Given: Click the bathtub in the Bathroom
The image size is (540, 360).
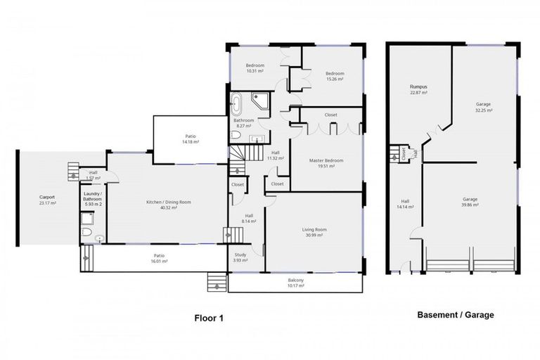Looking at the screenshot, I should [x=238, y=104].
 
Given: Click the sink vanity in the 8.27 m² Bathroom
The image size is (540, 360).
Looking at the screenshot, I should [x=257, y=136].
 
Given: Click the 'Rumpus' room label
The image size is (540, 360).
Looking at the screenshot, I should [x=419, y=87].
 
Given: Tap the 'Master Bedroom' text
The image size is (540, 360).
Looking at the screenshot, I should [x=326, y=160].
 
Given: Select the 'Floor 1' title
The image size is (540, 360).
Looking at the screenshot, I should [x=209, y=317].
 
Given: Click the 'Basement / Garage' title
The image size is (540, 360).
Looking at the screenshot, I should [x=455, y=315].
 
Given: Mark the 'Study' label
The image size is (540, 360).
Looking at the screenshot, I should [x=240, y=255].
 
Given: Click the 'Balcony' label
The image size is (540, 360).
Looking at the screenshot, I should [x=295, y=280].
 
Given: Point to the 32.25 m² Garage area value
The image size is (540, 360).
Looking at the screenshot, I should [x=484, y=110].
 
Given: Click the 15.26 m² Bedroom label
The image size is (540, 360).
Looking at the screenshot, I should [x=334, y=73].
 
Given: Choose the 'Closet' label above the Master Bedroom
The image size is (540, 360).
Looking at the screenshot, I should [x=330, y=115].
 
